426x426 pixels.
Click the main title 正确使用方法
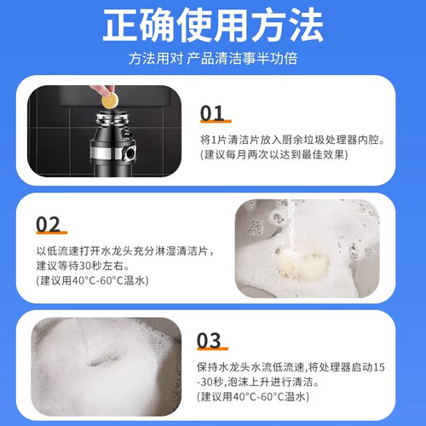(x=213, y=25)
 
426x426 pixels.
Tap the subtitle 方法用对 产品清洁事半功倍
(x=213, y=59)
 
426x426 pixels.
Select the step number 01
(x=212, y=113)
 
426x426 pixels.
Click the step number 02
(x=48, y=224)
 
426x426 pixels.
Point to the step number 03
(x=209, y=340)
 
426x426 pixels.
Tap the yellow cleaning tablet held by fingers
(x=110, y=101)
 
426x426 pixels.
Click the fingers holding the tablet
(x=103, y=90)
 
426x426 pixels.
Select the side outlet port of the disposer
(x=130, y=153)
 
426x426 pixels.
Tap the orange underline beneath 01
(x=216, y=122)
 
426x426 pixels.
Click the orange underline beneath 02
(x=52, y=233)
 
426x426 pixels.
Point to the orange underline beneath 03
(x=212, y=348)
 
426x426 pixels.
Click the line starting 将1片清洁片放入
(x=292, y=140)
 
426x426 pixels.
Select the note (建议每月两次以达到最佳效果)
(x=274, y=155)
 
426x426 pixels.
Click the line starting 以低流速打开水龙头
(x=125, y=250)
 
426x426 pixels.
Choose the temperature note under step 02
(x=92, y=280)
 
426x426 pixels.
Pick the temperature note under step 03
(x=253, y=396)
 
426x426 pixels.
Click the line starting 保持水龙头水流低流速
(x=291, y=367)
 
